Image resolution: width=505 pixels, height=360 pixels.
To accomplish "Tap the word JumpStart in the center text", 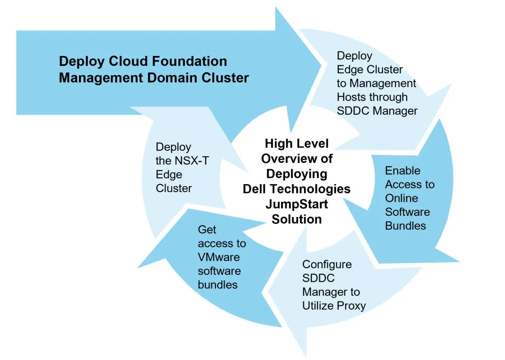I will [297, 204].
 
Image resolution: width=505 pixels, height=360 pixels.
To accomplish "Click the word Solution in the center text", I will [297, 219].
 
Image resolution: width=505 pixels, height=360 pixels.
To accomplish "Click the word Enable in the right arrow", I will [403, 171].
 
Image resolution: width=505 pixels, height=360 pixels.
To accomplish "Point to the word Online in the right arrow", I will [401, 198].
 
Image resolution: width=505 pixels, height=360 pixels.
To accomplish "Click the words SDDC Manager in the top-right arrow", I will [377, 111].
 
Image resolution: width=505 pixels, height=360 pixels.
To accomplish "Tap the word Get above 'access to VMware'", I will [207, 230].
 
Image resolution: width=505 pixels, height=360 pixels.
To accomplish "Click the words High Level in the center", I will [297, 144].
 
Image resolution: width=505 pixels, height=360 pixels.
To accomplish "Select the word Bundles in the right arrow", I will [406, 226].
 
